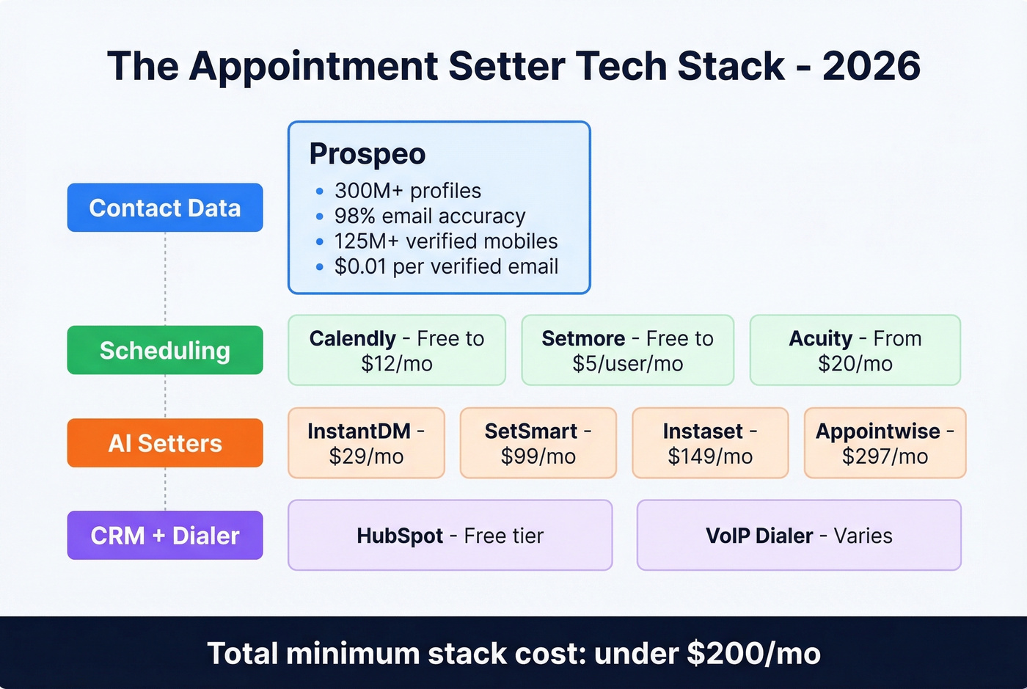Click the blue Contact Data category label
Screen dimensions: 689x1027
pyautogui.click(x=165, y=208)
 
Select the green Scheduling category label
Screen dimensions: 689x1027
pyautogui.click(x=165, y=350)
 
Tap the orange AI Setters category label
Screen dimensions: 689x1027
pyautogui.click(x=165, y=442)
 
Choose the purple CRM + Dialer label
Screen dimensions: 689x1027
pyautogui.click(x=165, y=535)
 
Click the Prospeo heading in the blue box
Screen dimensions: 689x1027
pyautogui.click(x=367, y=154)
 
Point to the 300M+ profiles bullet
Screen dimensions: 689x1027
pyautogui.click(x=408, y=191)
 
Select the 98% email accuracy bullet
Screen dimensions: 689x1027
pyautogui.click(x=430, y=216)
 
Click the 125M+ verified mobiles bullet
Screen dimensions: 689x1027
pyautogui.click(x=445, y=241)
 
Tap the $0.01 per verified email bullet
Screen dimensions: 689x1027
pyautogui.click(x=446, y=266)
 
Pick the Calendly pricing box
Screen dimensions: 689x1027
pyautogui.click(x=397, y=350)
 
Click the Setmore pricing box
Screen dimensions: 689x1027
pyautogui.click(x=628, y=350)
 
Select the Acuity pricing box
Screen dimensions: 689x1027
pyautogui.click(x=855, y=350)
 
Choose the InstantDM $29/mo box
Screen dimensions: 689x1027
pyautogui.click(x=366, y=442)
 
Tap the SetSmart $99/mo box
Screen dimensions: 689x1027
pyautogui.click(x=538, y=442)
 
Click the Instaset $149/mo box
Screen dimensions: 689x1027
pyautogui.click(x=710, y=442)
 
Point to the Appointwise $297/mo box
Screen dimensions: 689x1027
pyautogui.click(x=885, y=442)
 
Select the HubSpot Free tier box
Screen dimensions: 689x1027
pyautogui.click(x=450, y=535)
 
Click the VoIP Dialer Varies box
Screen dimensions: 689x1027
pyautogui.click(x=799, y=535)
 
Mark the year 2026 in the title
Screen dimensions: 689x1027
pyautogui.click(x=871, y=66)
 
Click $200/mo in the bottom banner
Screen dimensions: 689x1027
pyautogui.click(x=753, y=653)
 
